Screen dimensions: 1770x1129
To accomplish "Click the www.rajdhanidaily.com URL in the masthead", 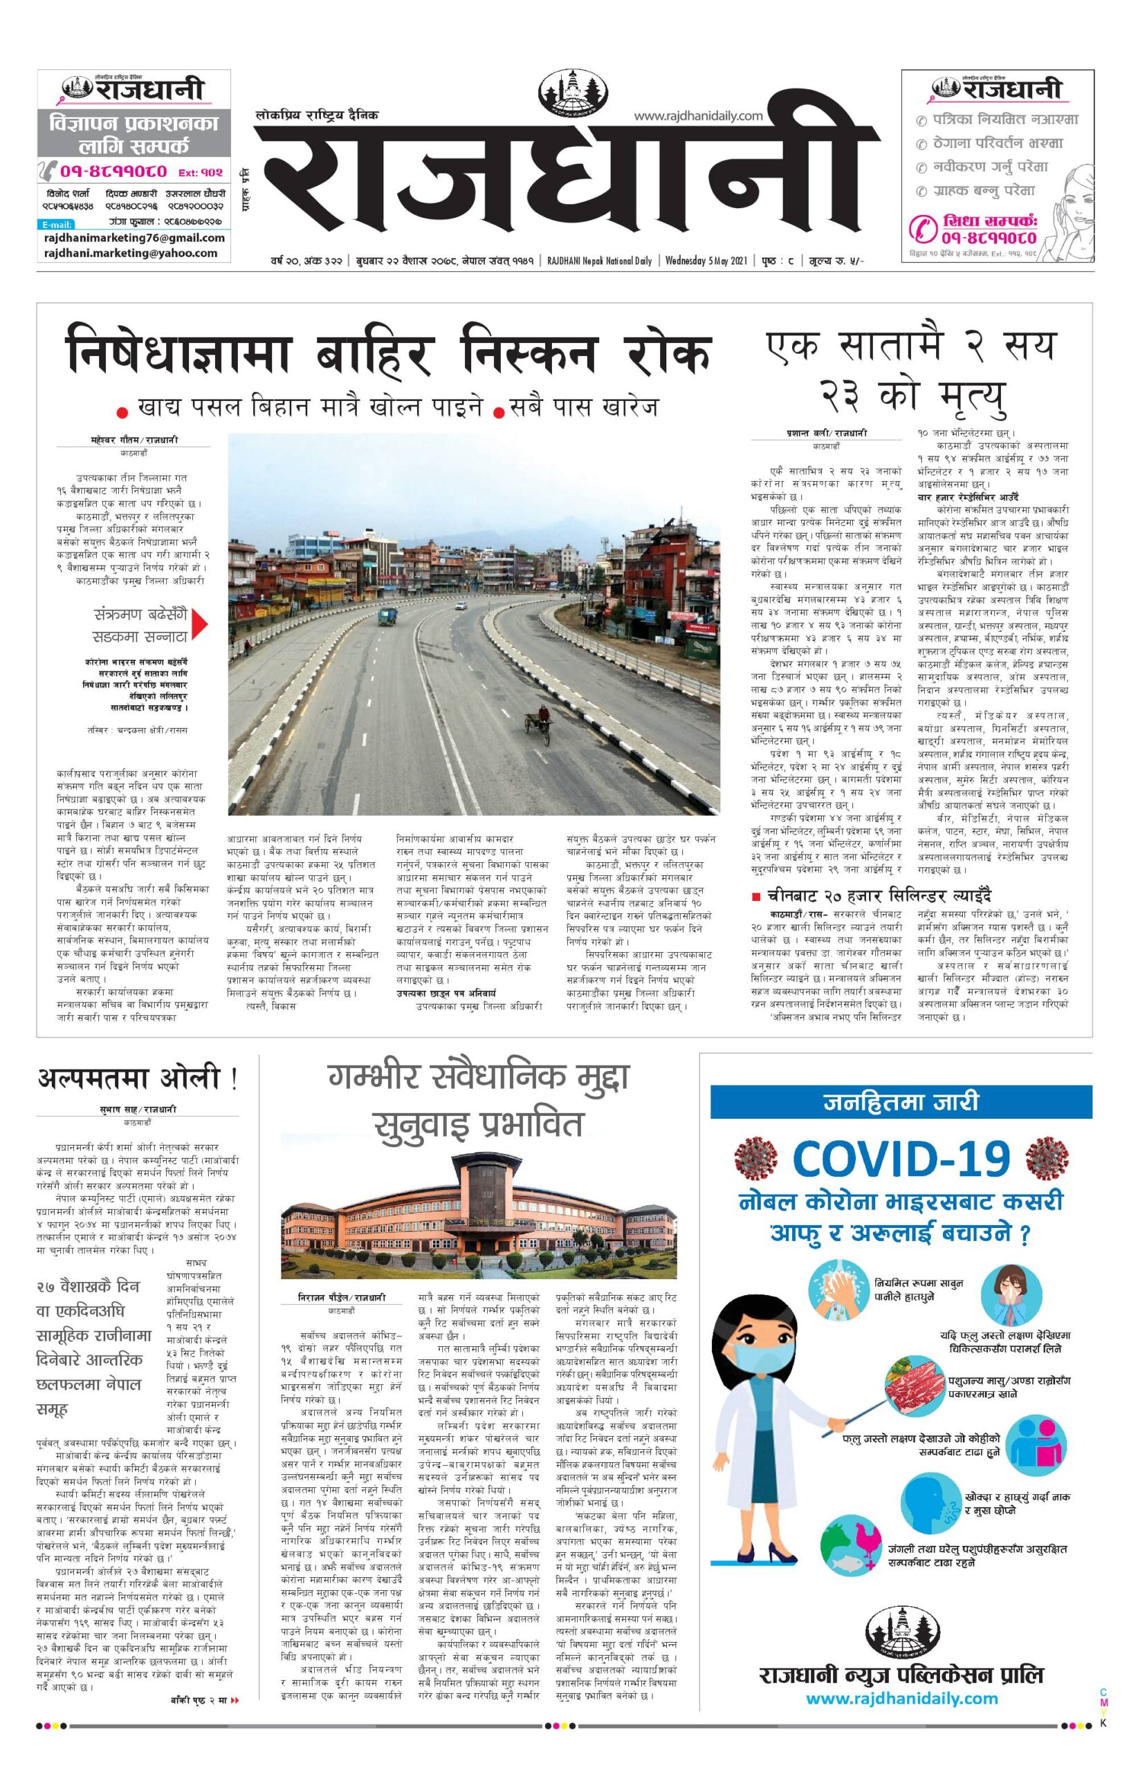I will [698, 115].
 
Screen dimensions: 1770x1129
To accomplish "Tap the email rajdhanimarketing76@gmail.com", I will [134, 238].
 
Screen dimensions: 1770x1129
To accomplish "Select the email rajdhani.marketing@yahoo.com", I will [131, 253].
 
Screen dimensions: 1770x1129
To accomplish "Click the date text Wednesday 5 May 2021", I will [706, 260].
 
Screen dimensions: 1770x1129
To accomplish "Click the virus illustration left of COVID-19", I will [755, 1157].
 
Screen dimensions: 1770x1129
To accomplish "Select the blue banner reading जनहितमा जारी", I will [901, 1102].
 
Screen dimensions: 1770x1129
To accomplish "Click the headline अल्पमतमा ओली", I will [137, 1079].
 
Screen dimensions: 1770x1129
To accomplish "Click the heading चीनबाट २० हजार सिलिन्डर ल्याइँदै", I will [880, 896].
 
